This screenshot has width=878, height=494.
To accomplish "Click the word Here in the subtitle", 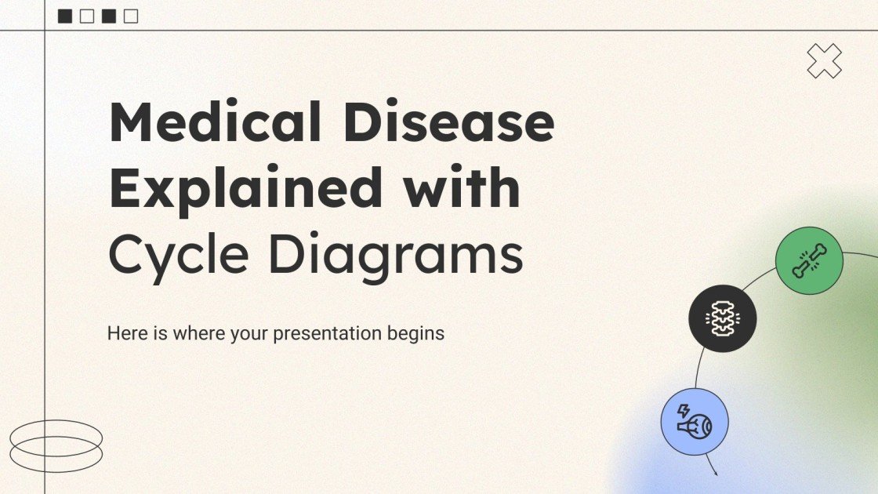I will pyautogui.click(x=126, y=333).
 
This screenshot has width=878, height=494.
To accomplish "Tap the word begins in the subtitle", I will pyautogui.click(x=415, y=334).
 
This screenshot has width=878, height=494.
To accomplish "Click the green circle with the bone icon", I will pyautogui.click(x=809, y=261).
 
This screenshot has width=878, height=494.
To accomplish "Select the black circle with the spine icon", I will pyautogui.click(x=722, y=318).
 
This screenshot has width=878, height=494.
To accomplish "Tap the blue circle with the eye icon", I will pyautogui.click(x=695, y=422).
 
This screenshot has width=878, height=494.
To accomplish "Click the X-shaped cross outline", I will pyautogui.click(x=824, y=61).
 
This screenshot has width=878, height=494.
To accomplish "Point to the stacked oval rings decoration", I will pyautogui.click(x=56, y=445).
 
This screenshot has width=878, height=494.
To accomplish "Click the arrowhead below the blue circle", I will pyautogui.click(x=715, y=473).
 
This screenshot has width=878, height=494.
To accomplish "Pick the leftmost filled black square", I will pyautogui.click(x=65, y=16).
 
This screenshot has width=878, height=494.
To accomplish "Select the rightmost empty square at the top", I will pyautogui.click(x=131, y=16).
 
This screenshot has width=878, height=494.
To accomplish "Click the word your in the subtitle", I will pyautogui.click(x=249, y=334).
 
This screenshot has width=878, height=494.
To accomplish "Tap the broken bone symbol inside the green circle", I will pyautogui.click(x=809, y=261).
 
